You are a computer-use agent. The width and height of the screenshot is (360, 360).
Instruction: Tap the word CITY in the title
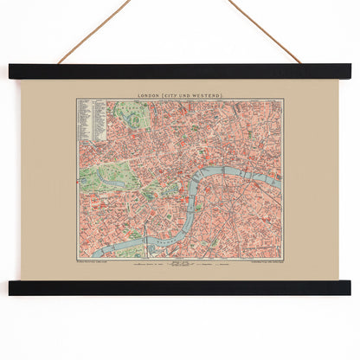click(180, 93)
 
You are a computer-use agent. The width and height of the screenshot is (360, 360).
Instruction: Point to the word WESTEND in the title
click(212, 93)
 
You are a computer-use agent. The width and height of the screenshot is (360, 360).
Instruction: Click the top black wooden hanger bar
click(180, 72)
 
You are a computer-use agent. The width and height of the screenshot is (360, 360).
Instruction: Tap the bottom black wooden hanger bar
click(180, 287)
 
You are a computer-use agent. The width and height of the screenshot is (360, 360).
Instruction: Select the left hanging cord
click(93, 32)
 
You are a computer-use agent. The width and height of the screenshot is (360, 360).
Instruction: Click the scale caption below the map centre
click(180, 263)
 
